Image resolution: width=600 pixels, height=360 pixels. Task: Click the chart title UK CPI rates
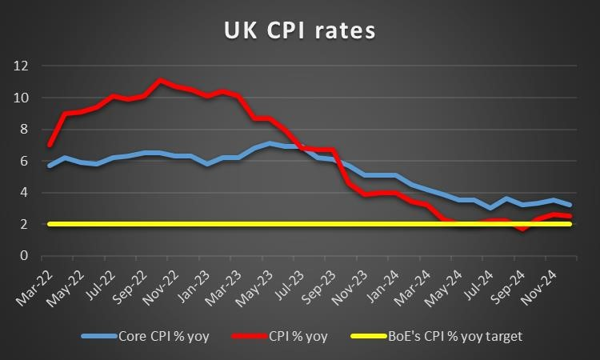(299, 32)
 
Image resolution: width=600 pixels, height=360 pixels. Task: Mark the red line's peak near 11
(160, 81)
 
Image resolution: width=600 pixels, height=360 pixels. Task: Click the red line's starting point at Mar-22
(50, 146)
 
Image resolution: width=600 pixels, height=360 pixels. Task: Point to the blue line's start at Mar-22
(50, 166)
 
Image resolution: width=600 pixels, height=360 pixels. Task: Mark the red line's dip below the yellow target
(521, 230)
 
